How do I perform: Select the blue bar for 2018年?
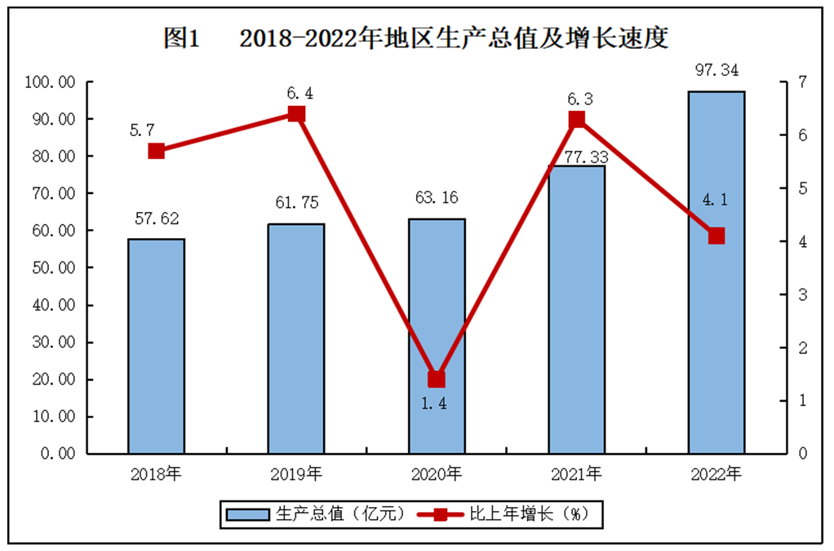pos(156,346)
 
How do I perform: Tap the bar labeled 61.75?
pos(296,338)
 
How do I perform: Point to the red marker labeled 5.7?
pos(157,151)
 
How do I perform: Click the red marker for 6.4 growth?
pos(297,114)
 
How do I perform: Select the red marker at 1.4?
pos(437,379)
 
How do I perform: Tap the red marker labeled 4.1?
pos(716,236)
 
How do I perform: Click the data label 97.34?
pos(716,71)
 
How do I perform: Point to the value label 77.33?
pos(576,153)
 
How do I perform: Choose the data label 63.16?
pos(437,197)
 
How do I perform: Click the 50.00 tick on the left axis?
pos(51,267)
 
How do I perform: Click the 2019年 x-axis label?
pos(295,474)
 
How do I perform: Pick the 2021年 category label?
pos(575,474)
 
